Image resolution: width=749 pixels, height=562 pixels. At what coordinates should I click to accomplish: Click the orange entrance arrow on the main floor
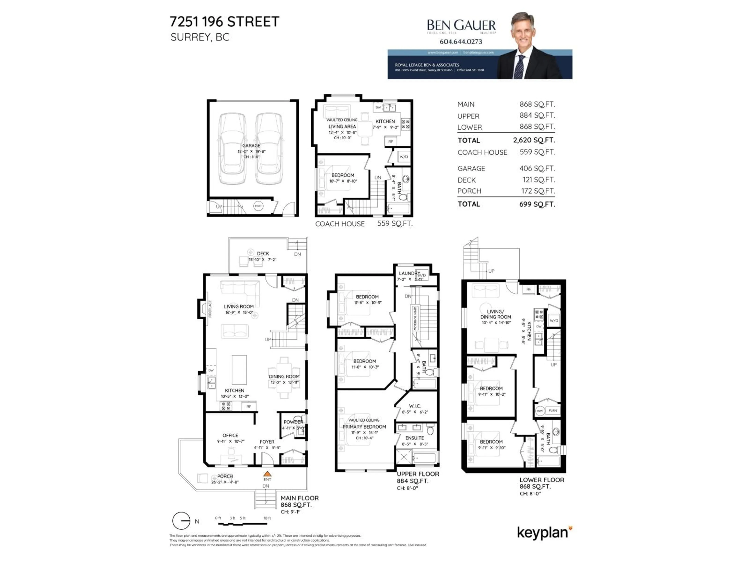pos(267,474)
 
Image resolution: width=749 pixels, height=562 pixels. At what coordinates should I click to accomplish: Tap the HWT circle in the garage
pos(258,206)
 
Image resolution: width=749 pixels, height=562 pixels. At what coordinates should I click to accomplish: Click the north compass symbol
pos(181,521)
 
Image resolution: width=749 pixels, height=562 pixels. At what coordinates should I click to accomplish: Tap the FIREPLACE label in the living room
pos(210,309)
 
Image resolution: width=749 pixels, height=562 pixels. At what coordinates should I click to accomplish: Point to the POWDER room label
pos(293,422)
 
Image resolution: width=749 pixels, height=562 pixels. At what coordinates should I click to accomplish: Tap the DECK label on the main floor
pos(263,253)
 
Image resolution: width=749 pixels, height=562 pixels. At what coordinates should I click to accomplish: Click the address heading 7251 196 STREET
pos(225,22)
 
